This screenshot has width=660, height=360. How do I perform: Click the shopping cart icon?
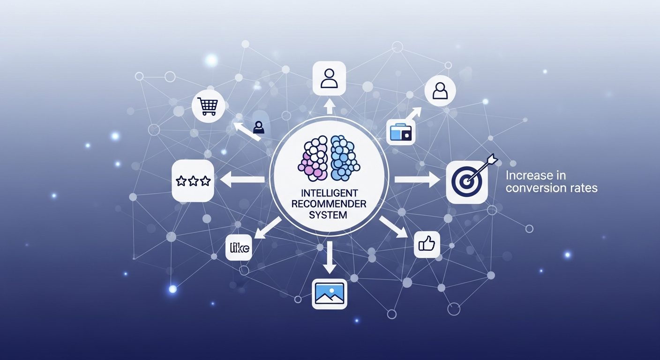coord(208,106)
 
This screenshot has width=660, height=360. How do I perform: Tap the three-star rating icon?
coord(193,180)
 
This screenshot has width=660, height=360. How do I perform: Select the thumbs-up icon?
coord(427,245)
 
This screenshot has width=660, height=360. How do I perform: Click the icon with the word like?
coord(239,247)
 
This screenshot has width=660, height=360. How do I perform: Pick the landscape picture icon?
coord(330,294)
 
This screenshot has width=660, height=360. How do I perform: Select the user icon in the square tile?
coord(329,78)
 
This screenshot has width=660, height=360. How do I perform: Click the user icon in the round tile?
coord(440,91)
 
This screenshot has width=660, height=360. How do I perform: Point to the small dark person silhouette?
coord(259,127)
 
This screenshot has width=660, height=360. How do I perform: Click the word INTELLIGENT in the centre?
coord(330,193)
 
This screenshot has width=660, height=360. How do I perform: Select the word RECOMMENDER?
coord(329,204)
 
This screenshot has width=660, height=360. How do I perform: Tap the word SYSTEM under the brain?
coord(328,215)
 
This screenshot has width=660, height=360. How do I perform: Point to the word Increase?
coord(525,176)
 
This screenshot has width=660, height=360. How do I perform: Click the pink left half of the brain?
coord(313,157)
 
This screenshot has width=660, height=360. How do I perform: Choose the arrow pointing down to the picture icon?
coord(330,257)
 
